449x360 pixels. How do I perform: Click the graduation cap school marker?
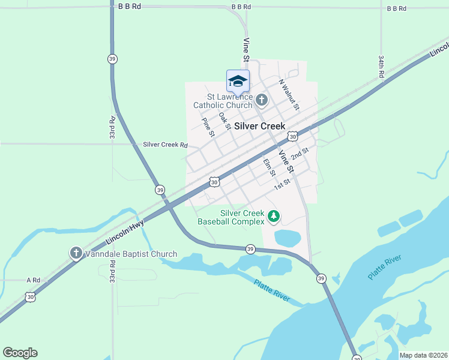point(238,80)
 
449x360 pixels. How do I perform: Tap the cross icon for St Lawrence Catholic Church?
point(262,100)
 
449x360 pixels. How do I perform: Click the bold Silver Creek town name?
point(259,126)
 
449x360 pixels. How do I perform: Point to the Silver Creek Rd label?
point(165,145)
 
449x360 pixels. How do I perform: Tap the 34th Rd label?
point(381,67)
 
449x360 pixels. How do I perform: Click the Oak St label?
point(224,121)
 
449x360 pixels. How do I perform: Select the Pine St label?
point(208,127)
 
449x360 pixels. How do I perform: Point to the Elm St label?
point(269,167)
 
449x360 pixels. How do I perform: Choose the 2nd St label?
point(300,154)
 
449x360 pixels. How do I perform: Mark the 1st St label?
point(282,184)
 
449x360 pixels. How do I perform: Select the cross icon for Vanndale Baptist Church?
point(76,253)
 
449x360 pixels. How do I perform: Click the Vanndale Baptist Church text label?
point(130,254)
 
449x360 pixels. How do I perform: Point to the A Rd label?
point(33,280)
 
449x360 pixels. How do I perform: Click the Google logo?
point(20,353)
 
